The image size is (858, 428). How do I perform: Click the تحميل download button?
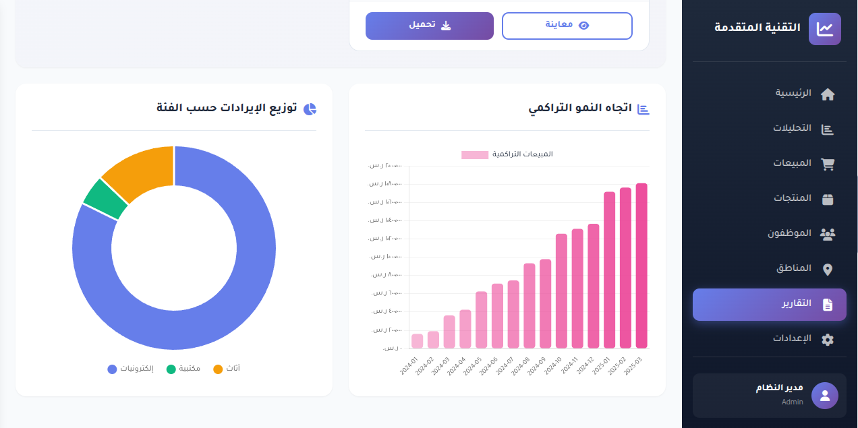[430, 26]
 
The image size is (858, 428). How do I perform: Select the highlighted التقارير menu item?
[769, 304]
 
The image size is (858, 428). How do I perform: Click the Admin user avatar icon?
[824, 396]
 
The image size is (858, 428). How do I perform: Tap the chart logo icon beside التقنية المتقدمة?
[824, 29]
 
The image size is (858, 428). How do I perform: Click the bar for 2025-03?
[641, 266]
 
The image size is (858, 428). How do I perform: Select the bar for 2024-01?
[417, 341]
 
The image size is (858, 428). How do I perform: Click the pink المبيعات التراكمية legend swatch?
[474, 154]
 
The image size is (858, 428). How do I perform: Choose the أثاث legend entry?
[227, 369]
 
